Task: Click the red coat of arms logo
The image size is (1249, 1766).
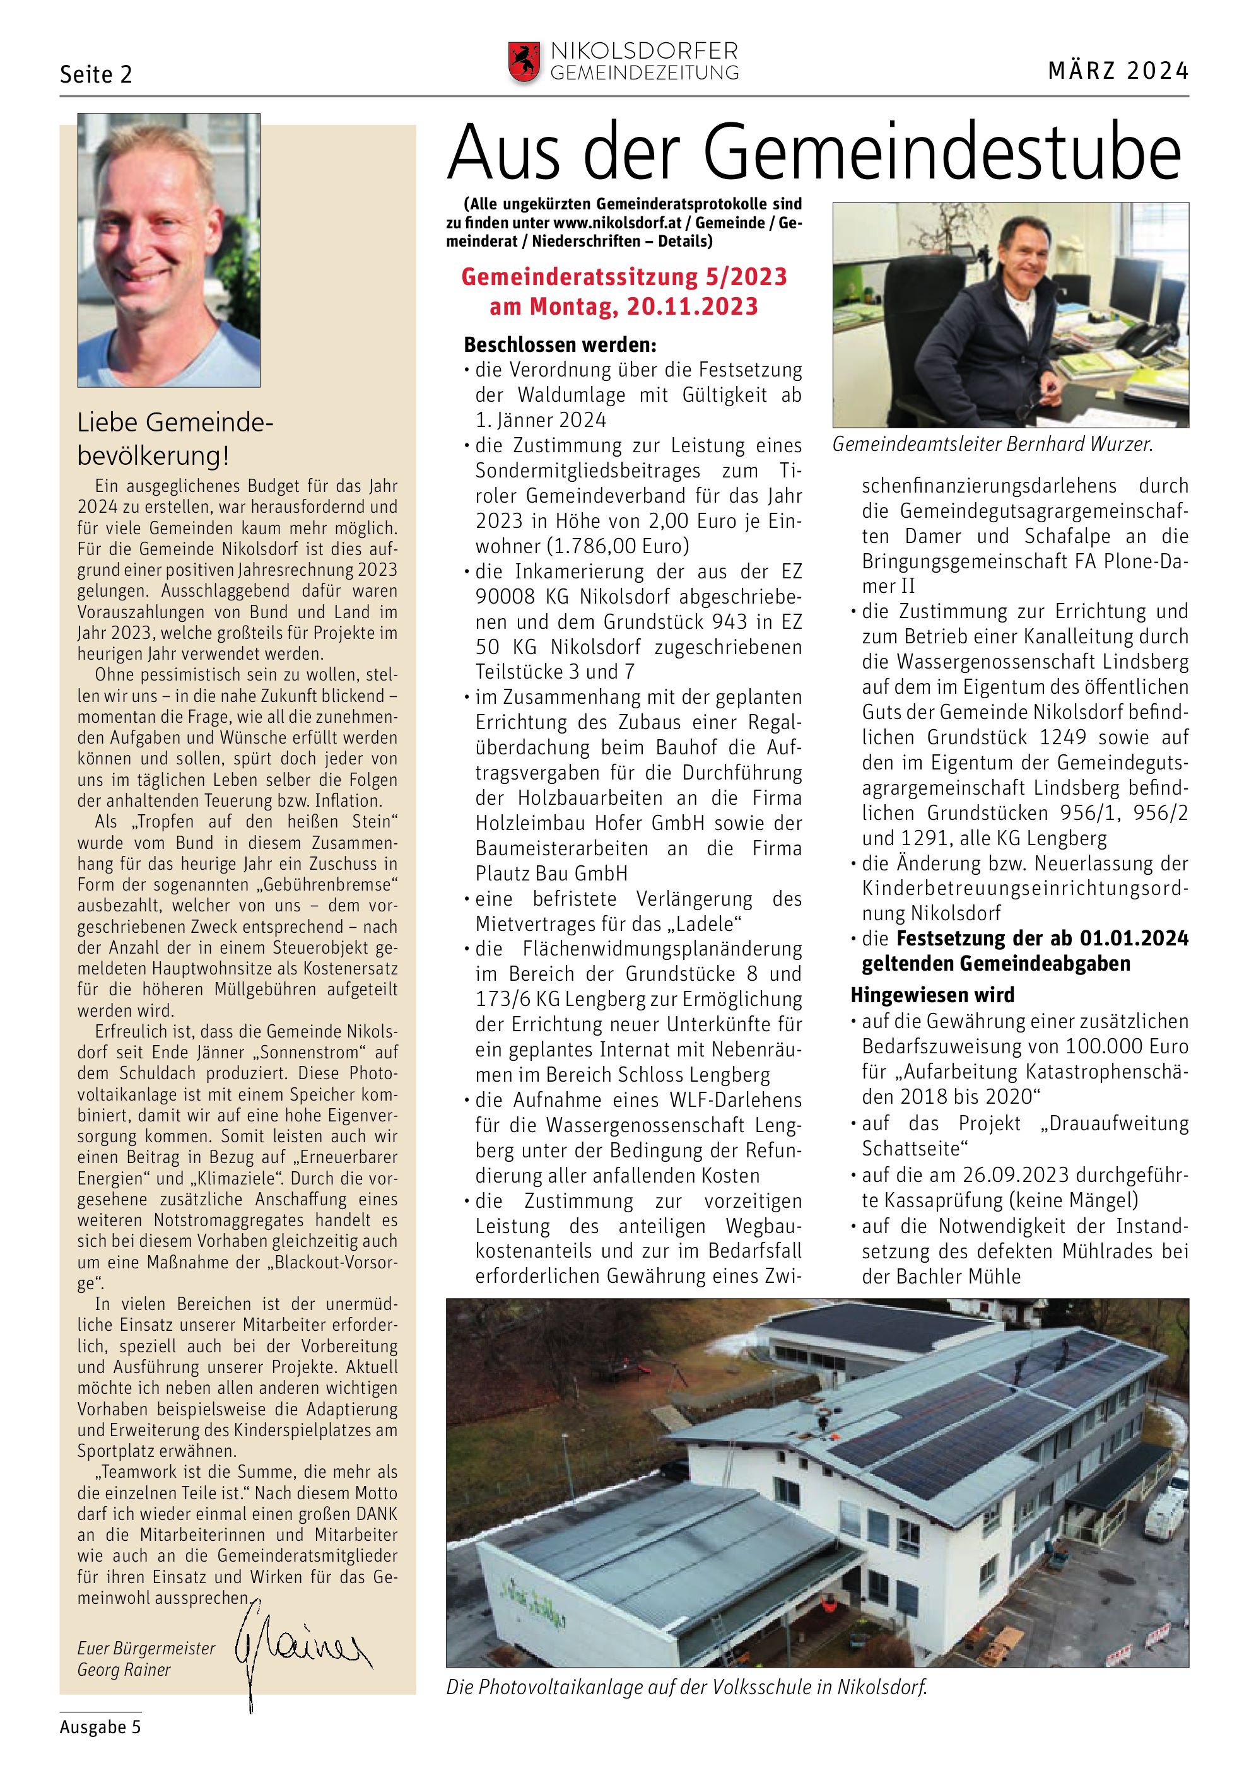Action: coord(524,62)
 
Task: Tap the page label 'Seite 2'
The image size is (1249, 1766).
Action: coord(96,74)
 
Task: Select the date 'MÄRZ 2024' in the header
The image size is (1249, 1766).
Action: coord(1118,71)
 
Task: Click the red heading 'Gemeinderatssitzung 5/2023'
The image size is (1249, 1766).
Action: coord(624,277)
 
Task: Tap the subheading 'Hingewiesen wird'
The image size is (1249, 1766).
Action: coord(932,995)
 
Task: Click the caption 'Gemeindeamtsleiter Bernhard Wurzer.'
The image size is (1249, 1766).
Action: coord(993,445)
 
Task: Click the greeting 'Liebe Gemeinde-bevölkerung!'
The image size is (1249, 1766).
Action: coord(175,439)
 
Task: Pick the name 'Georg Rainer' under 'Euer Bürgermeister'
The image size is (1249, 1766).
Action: coord(124,1670)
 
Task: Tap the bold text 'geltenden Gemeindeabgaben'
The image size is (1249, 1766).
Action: coord(996,964)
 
